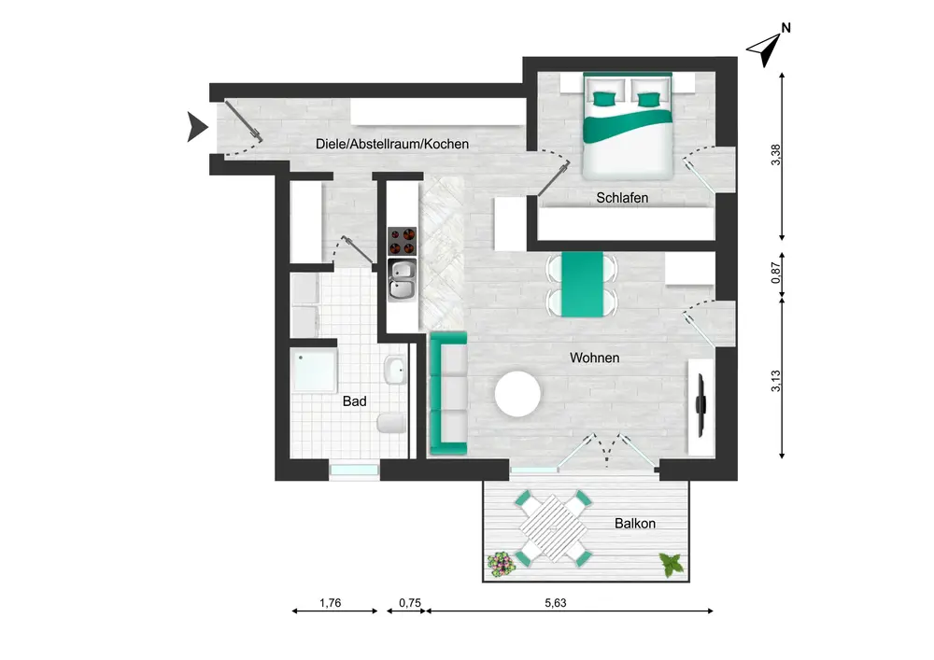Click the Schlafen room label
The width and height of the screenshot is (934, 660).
622,198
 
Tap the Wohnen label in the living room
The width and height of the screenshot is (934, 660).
594,358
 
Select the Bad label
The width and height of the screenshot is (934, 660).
354,401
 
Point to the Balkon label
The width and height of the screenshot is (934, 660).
635,523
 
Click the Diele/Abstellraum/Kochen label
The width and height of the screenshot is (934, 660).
392,144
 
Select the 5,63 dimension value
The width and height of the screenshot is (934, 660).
555,603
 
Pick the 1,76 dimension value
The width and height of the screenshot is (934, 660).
330,603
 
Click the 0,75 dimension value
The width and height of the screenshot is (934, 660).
410,603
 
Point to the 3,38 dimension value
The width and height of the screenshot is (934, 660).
775,155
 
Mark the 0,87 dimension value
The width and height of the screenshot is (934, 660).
775,273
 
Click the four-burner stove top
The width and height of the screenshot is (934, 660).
402,241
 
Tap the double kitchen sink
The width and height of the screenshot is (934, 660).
403,280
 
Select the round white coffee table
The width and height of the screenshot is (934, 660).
517,394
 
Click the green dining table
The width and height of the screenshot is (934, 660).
583,284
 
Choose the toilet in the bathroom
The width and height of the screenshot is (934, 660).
391,423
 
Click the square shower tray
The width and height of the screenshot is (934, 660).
314,371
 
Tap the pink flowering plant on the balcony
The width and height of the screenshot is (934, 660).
501,564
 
